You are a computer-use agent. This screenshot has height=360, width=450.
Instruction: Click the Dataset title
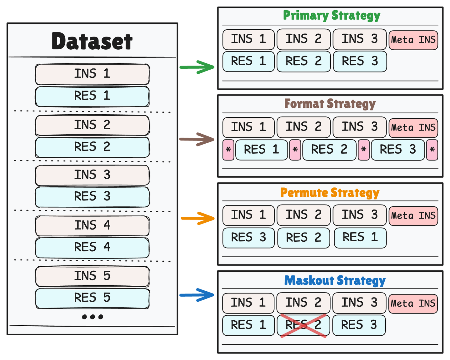92,41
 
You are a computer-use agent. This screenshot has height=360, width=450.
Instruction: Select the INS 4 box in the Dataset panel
92,225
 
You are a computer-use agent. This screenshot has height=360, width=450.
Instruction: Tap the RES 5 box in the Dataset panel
92,298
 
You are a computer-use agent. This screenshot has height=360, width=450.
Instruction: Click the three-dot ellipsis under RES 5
92,317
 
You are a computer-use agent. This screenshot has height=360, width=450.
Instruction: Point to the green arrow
197,67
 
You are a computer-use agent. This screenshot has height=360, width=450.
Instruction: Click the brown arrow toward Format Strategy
197,139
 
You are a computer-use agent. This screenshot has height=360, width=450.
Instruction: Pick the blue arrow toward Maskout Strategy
197,295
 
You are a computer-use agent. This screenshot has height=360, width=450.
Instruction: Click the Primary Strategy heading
331,16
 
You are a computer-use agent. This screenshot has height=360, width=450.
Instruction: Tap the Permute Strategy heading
330,193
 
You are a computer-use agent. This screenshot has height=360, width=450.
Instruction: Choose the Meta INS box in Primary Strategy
413,40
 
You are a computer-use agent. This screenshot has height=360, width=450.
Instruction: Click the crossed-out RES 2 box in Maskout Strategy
303,325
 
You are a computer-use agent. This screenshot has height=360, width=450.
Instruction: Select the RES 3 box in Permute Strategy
248,238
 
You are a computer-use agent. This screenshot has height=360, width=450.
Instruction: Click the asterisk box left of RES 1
228,150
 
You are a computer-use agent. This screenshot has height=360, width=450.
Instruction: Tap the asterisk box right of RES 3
432,150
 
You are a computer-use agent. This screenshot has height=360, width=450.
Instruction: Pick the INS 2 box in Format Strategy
303,127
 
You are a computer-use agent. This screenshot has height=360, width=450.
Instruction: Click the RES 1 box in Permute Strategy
360,238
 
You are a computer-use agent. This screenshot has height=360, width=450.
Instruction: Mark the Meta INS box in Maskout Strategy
413,303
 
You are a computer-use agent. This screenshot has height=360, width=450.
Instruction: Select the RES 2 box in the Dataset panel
92,147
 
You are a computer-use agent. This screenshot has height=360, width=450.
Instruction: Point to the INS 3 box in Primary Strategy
359,39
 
